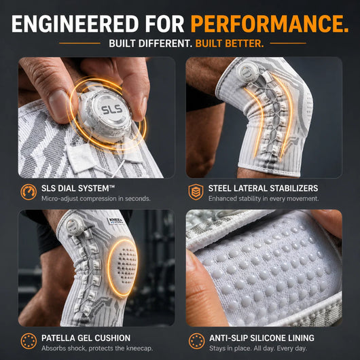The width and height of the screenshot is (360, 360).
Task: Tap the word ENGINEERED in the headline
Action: click(x=75, y=24)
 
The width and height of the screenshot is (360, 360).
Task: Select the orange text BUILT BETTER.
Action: click(x=230, y=43)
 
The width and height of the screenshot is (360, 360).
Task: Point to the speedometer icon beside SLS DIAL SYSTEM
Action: click(x=29, y=192)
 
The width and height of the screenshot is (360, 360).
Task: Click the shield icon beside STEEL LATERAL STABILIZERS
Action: click(x=196, y=192)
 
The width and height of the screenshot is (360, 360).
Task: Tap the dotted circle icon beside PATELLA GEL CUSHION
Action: click(x=29, y=341)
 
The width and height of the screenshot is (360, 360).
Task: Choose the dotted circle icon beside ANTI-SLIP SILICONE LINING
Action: click(x=196, y=341)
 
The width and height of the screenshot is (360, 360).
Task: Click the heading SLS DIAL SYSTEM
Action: click(x=78, y=189)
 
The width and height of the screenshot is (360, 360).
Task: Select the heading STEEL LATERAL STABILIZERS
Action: click(x=263, y=189)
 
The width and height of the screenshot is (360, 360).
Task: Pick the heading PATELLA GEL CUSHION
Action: click(x=86, y=338)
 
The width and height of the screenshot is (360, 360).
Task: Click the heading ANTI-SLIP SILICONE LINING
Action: click(x=262, y=338)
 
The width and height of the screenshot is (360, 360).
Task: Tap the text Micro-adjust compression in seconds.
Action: click(x=96, y=198)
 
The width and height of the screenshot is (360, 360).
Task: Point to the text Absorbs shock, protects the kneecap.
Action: click(x=97, y=348)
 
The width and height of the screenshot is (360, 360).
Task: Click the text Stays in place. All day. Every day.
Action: click(x=258, y=348)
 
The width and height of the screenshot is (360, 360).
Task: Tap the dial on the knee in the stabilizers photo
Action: click(x=245, y=71)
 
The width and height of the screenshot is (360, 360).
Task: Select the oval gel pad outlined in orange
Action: click(x=123, y=268)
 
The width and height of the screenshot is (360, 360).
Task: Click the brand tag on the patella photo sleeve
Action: click(x=116, y=221)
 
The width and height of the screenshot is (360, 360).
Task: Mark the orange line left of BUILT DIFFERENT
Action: click(x=79, y=43)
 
